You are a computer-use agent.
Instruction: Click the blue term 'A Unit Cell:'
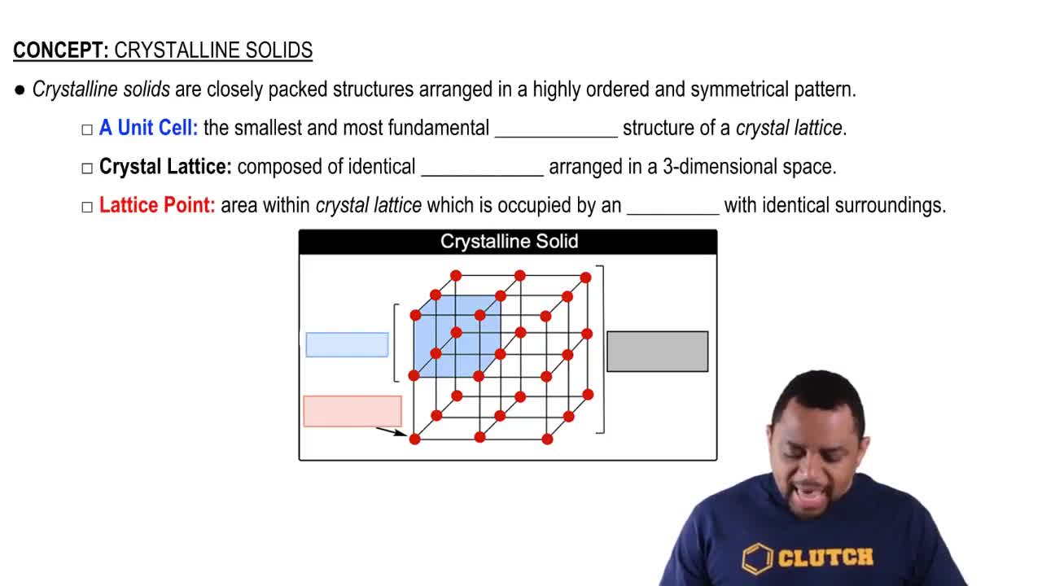[148, 129]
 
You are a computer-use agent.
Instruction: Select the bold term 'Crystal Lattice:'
[165, 167]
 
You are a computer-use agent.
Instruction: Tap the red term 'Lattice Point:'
[157, 205]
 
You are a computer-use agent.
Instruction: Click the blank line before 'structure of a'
[556, 130]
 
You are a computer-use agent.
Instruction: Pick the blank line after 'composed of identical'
[482, 168]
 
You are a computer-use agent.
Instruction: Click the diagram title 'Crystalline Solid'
[509, 242]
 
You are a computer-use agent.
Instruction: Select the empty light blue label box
[347, 345]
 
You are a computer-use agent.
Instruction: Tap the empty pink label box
[352, 411]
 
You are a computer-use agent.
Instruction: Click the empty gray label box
[657, 352]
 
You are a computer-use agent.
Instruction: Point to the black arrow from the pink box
[391, 431]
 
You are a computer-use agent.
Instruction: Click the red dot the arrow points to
[414, 439]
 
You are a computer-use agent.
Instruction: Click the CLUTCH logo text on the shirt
[825, 558]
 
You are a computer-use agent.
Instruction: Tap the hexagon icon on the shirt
[756, 558]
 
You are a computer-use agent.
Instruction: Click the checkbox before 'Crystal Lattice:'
[87, 168]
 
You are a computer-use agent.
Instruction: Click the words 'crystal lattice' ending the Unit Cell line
[788, 129]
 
